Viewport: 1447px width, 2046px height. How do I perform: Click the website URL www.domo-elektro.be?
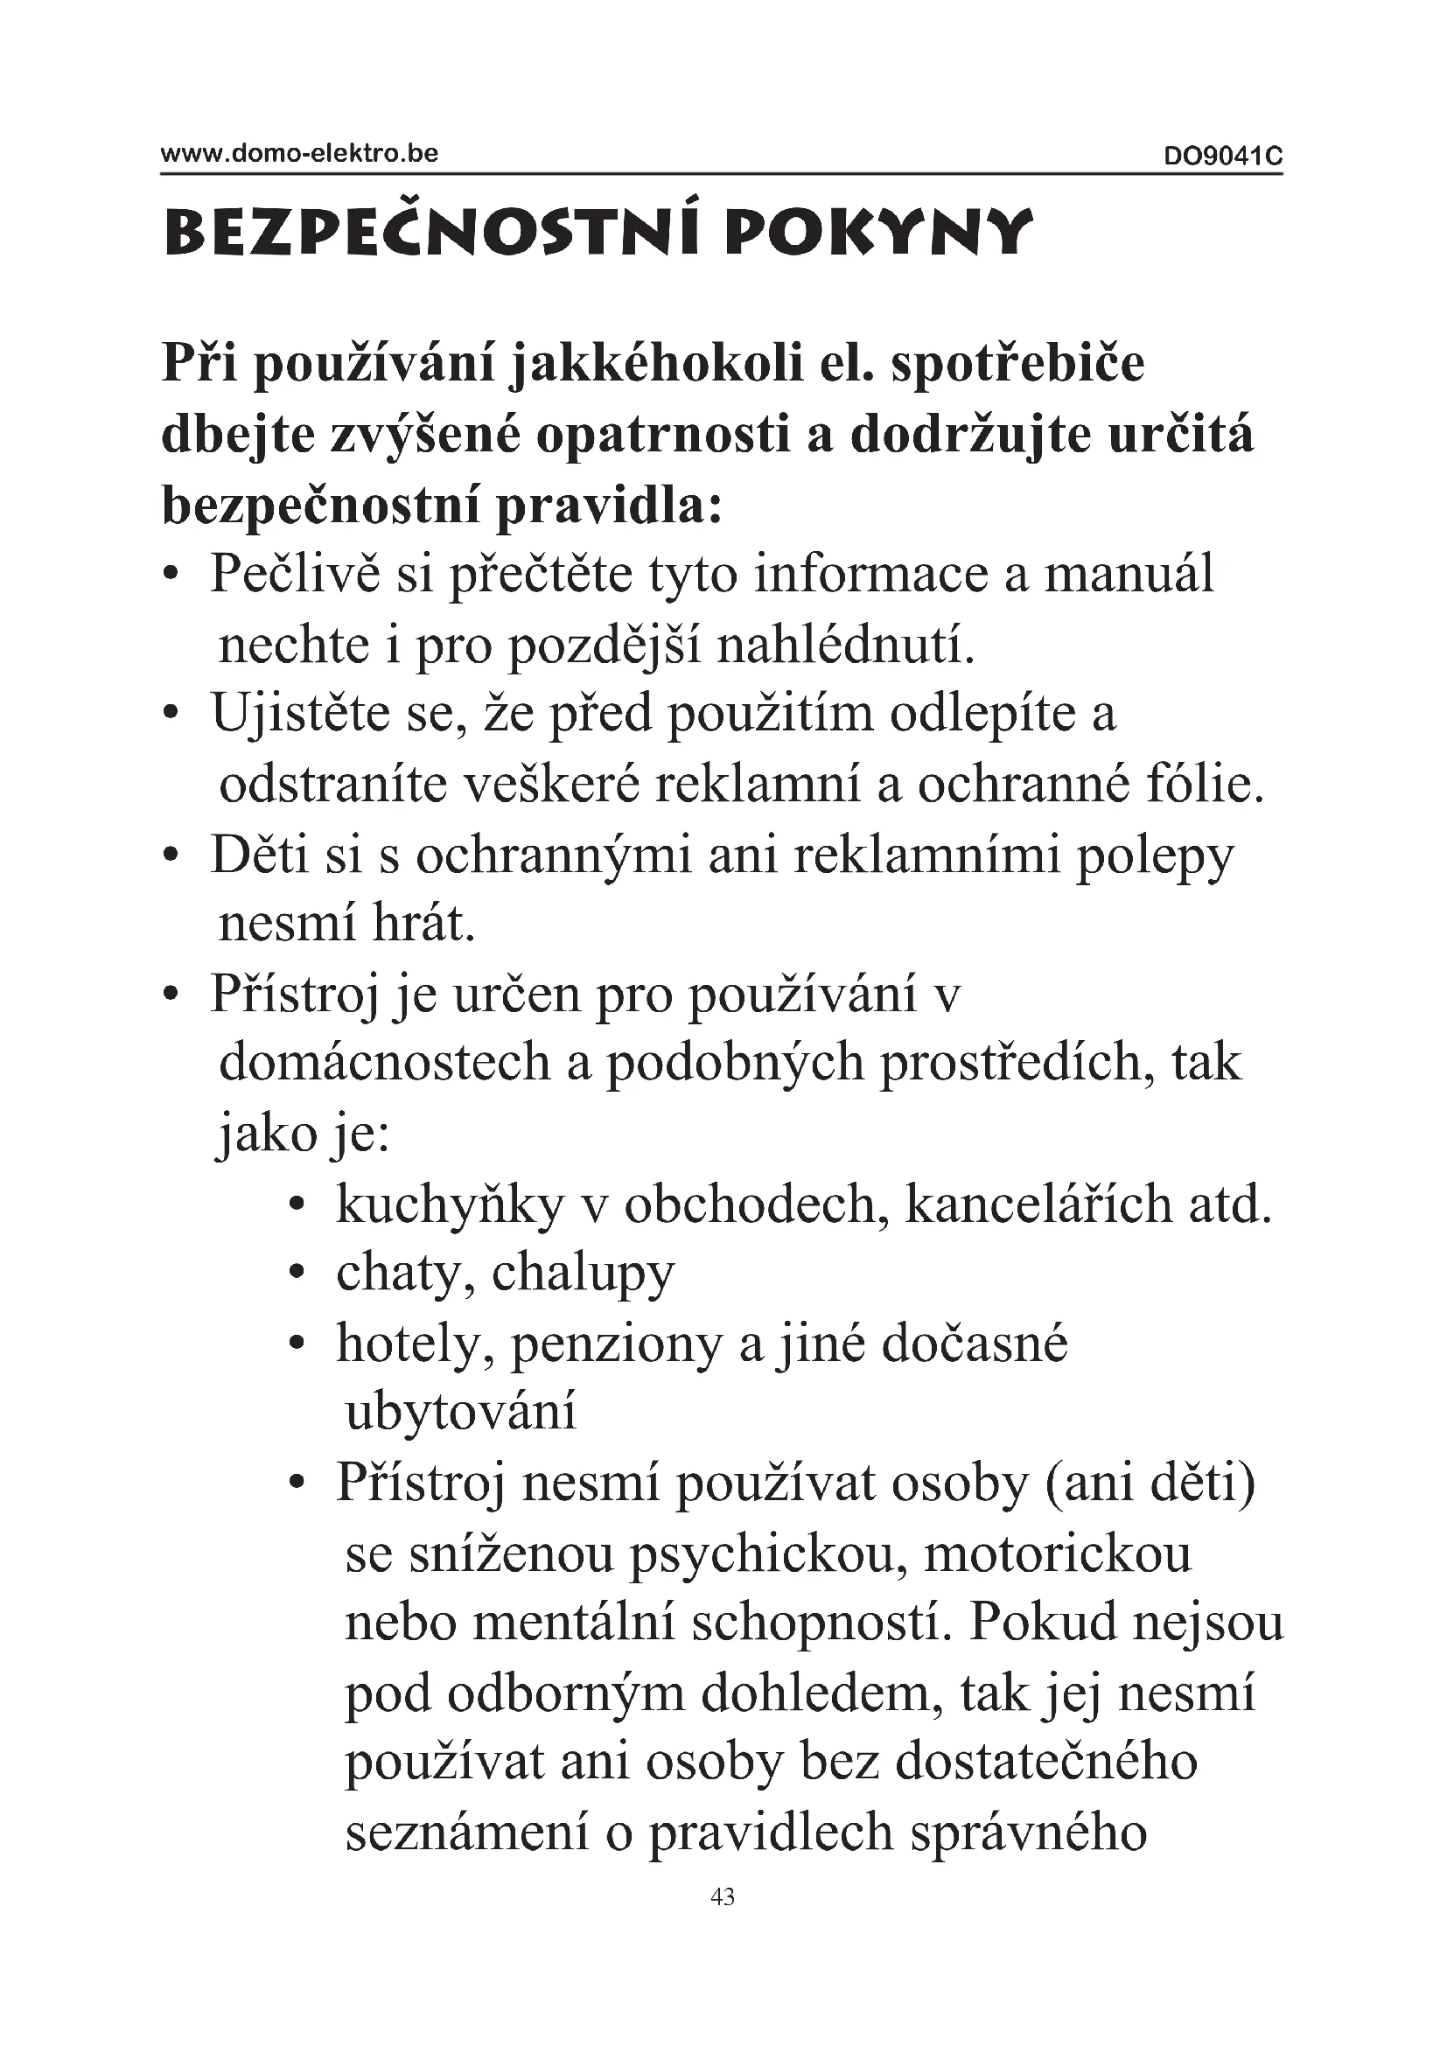click(298, 153)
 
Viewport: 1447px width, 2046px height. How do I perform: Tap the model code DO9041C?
click(1222, 157)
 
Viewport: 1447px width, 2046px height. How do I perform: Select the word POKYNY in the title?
click(878, 234)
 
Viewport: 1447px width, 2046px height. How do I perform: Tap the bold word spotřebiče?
click(1017, 366)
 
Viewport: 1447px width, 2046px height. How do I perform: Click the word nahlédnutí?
click(846, 646)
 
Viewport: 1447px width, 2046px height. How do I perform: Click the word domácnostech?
click(385, 1064)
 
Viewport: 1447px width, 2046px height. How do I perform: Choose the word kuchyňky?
click(450, 1205)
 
